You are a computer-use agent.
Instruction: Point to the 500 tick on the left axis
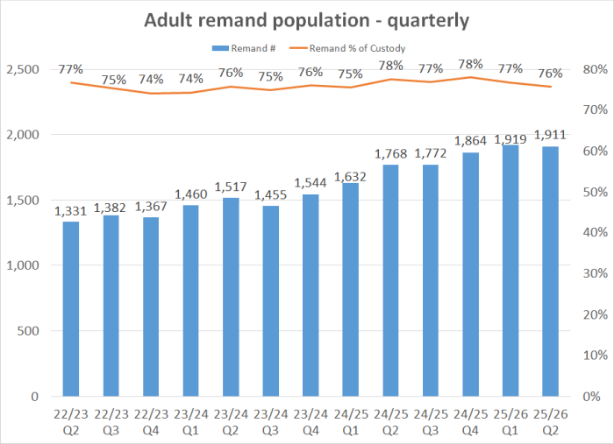[x=28, y=331]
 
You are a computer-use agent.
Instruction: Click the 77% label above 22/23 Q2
[x=71, y=67]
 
